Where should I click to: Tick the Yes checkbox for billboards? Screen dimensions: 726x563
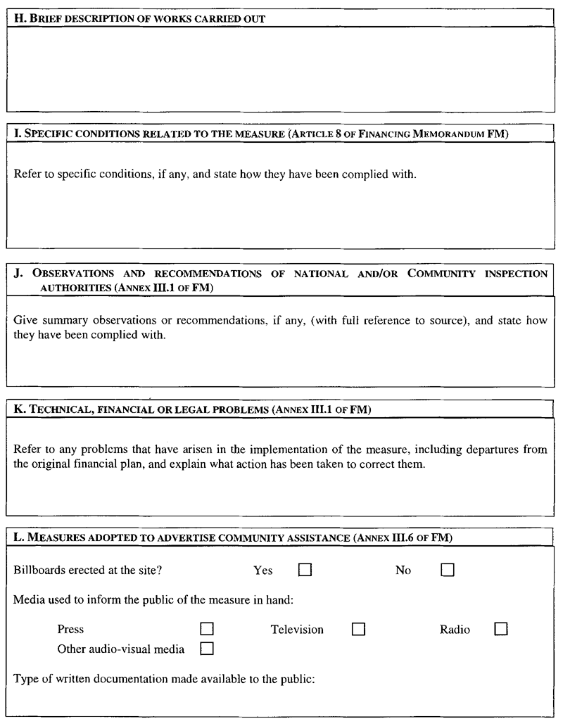[305, 571]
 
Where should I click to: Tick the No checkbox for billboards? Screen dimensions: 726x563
[448, 571]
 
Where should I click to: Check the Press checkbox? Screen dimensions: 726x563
[207, 629]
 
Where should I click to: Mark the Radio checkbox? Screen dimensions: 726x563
[500, 629]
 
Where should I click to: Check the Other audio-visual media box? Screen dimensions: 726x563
[207, 649]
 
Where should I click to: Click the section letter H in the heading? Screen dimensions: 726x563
[18, 19]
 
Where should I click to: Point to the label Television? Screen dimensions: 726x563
[297, 630]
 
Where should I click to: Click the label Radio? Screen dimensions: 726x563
[455, 630]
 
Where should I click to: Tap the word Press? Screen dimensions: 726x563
[70, 630]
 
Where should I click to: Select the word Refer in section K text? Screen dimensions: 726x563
[26, 450]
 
